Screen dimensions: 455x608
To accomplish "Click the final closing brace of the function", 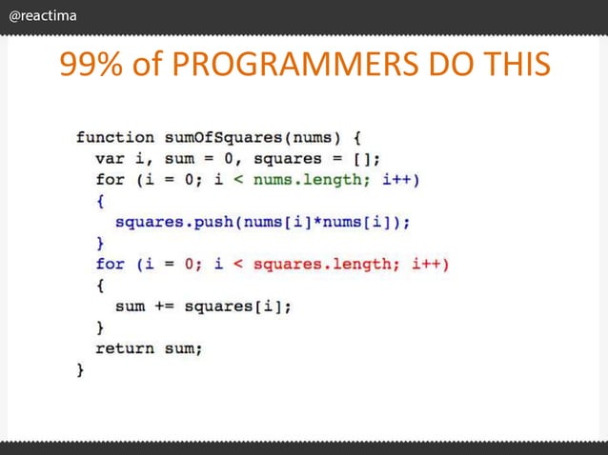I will click(x=80, y=368).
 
